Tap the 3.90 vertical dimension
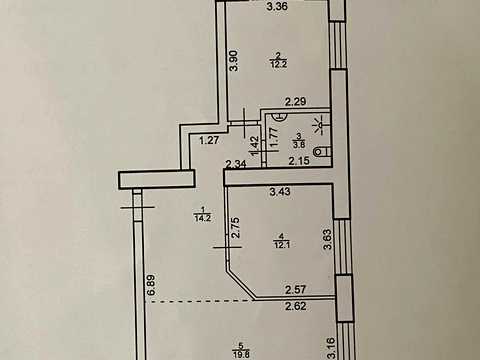tap(235, 60)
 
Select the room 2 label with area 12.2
tap(279, 60)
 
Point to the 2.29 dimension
tap(295, 101)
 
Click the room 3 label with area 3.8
tap(299, 140)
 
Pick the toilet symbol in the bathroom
tap(323, 152)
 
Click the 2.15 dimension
tap(299, 161)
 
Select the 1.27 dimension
tap(209, 140)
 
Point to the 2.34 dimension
tap(236, 164)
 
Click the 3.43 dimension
tap(280, 191)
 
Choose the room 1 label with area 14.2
tap(203, 214)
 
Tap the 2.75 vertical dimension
tap(236, 227)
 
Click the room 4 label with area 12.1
tap(282, 240)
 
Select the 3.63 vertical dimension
tap(328, 239)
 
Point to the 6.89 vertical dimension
tap(152, 285)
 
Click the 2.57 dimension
tap(296, 289)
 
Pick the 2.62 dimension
tap(296, 306)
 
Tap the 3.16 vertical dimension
tap(328, 348)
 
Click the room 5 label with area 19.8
tap(242, 351)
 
